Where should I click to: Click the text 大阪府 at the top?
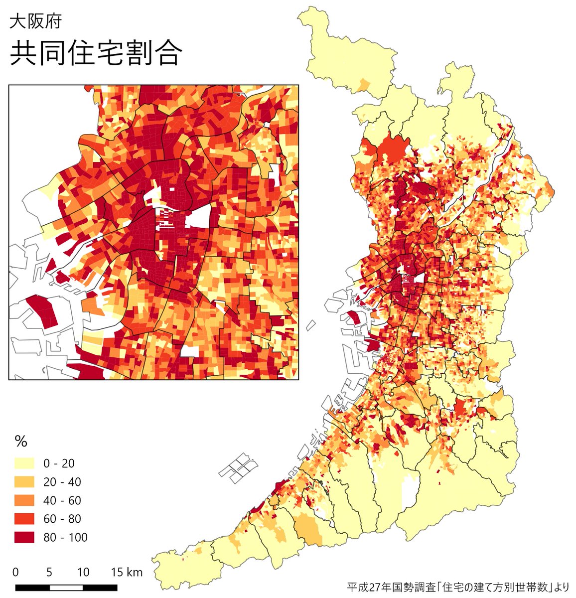tap(35, 22)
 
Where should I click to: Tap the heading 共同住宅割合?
tap(95, 53)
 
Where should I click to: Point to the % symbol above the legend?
tap(21, 442)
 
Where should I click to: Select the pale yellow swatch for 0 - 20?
tap(24, 463)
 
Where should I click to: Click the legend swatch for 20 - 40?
tap(24, 482)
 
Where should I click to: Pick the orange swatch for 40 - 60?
tap(24, 500)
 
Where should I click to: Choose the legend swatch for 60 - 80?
tap(24, 519)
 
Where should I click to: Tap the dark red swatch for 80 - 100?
tap(24, 537)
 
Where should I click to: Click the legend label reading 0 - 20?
tap(59, 463)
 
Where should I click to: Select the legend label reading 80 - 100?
tap(65, 537)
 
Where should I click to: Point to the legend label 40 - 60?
tap(62, 500)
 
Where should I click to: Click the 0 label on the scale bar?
tap(16, 572)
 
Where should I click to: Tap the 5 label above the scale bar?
tap(49, 572)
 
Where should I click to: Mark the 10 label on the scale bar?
tap(83, 572)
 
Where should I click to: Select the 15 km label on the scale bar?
tap(127, 572)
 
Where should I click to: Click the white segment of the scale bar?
tap(66, 587)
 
